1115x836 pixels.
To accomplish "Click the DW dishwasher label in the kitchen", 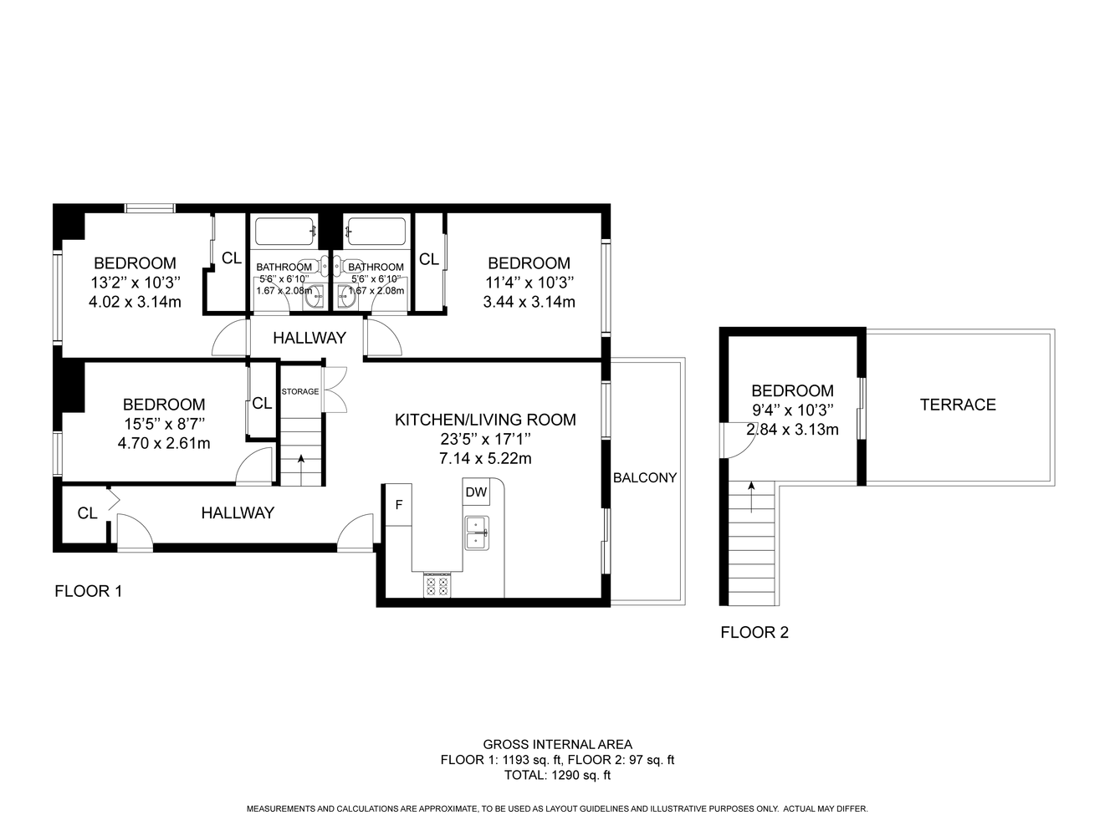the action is (x=476, y=492).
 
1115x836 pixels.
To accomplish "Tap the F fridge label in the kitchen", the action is (x=399, y=505).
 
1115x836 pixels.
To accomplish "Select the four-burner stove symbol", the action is (x=437, y=584).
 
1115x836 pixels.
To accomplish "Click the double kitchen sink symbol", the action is (x=477, y=533).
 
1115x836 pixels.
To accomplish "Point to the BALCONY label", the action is (x=645, y=477).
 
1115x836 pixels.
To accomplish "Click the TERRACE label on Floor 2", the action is (x=958, y=405).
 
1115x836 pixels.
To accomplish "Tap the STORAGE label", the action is (x=300, y=391).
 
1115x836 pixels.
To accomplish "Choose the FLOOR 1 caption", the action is (x=89, y=591).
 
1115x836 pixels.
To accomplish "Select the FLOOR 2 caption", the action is (x=754, y=633).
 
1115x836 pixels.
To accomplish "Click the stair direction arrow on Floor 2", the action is (x=751, y=497).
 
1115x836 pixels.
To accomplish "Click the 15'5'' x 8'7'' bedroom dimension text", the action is (x=164, y=424).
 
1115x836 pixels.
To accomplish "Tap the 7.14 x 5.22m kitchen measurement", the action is (x=485, y=459).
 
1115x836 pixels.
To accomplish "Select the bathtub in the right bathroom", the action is (x=376, y=232).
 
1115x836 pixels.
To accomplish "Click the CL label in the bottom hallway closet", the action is (x=87, y=513).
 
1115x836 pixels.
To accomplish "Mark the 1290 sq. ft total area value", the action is (x=581, y=775).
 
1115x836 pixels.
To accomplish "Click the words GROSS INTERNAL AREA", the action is (x=557, y=745).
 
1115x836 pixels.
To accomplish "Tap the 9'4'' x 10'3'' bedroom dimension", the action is (x=792, y=410).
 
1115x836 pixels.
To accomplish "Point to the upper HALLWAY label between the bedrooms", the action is (x=309, y=338).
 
